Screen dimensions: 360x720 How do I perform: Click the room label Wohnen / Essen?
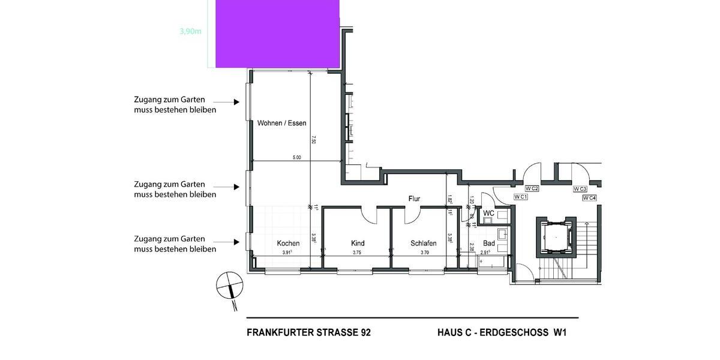[281, 124]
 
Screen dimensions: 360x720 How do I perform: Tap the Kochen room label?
[288, 244]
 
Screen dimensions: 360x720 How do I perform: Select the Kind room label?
[358, 244]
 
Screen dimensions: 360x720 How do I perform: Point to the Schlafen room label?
[423, 244]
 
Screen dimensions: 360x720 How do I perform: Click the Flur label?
[414, 199]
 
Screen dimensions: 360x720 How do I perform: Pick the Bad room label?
[489, 244]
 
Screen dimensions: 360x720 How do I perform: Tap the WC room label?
[488, 213]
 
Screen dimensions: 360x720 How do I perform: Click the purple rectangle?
[277, 33]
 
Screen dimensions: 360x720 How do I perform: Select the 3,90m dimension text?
[190, 32]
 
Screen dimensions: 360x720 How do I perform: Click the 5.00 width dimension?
[296, 157]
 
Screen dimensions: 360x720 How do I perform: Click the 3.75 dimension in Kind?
[357, 253]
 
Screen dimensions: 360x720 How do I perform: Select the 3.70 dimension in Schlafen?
[425, 253]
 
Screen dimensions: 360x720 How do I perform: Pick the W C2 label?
[532, 189]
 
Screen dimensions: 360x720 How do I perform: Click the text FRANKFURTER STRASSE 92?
[308, 332]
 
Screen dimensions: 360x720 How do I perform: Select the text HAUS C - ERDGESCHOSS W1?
[502, 332]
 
